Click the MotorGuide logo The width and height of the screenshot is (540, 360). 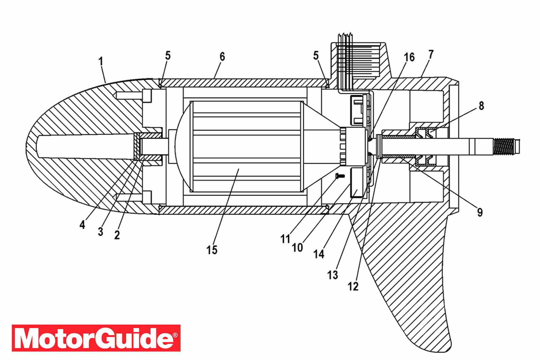pos(96,338)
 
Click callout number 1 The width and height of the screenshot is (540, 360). pos(101,61)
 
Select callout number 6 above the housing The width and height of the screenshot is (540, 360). pos(222,57)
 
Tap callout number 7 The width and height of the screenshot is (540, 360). pos(431,54)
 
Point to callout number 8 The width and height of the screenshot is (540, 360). pos(481,106)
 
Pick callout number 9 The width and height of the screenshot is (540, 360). pos(480,212)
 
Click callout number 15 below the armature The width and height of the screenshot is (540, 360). pos(212,250)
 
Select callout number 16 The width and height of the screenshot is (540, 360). pos(409,57)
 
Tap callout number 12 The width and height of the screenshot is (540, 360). pos(353,286)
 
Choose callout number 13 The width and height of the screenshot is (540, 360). pos(333,275)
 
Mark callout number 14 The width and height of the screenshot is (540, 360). pos(319,254)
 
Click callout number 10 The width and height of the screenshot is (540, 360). pos(297,247)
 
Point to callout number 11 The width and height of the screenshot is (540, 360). pos(286,239)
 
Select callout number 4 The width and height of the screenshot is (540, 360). pos(82,225)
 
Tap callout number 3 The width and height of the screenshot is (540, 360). pos(100,231)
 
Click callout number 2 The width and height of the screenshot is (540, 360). pos(117,235)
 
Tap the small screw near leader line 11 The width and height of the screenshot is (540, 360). pos(340,176)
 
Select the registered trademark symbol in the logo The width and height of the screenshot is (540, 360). pos(175,335)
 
